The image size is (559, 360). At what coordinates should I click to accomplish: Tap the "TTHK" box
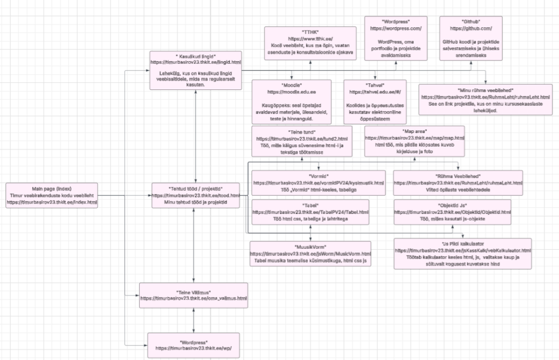tap(310, 43)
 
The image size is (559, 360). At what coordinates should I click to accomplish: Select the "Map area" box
tap(414, 142)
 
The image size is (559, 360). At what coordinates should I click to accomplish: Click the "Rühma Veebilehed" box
tap(458, 182)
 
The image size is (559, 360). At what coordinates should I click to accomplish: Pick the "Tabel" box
tap(310, 211)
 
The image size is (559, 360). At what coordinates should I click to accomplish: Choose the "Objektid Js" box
tap(452, 211)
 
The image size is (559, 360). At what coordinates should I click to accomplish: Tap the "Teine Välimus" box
tap(194, 295)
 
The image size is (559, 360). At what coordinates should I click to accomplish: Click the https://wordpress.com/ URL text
tap(396, 28)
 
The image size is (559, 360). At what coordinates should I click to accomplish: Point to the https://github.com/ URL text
tap(472, 28)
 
